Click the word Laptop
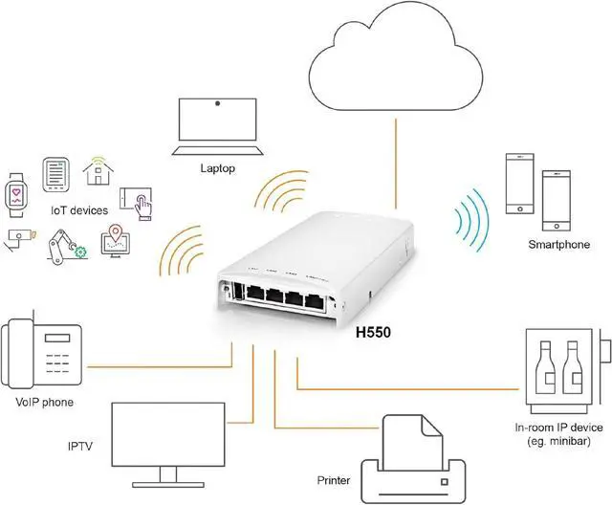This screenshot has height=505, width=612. pos(218,168)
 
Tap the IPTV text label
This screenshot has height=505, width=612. pos(81,447)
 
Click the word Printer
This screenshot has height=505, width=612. pos(334,479)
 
